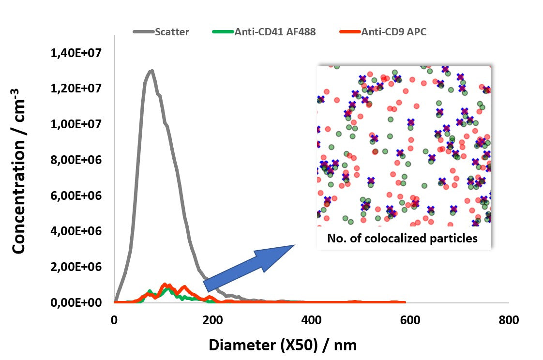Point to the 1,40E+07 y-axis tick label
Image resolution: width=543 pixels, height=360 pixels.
(75, 53)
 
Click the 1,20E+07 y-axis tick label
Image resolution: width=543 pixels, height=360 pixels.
(75, 89)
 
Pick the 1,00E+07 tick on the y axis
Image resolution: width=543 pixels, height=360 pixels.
(75, 124)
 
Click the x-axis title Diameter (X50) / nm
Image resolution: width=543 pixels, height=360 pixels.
(283, 345)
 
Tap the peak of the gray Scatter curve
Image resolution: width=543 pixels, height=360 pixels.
(151, 71)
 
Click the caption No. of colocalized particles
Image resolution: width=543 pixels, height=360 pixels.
(402, 239)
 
